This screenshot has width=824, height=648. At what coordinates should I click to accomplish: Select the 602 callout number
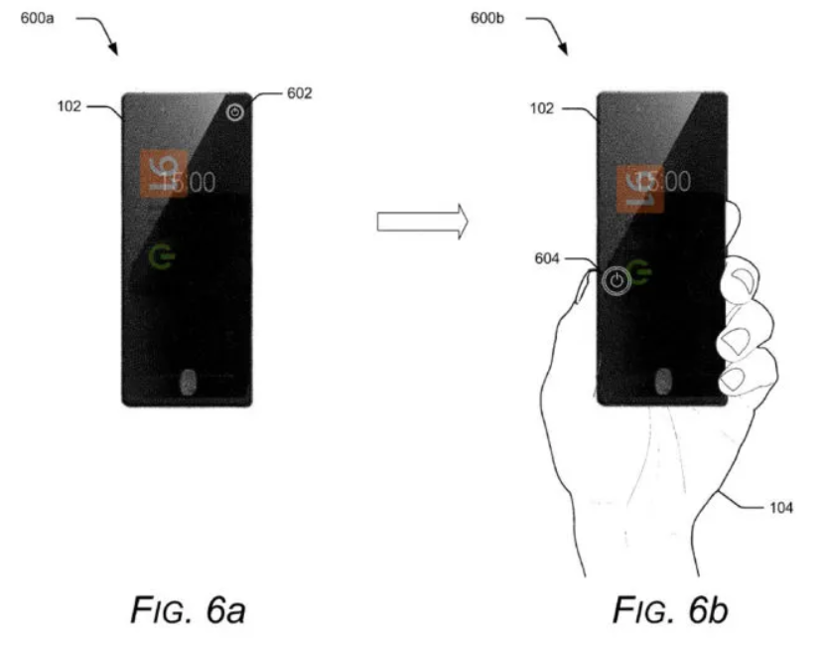coord(299,93)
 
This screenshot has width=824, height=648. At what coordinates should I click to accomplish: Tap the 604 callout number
coord(547,258)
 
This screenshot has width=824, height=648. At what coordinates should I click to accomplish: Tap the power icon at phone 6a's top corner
coord(234,113)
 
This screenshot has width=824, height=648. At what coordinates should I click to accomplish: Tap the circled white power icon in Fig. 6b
coord(617,280)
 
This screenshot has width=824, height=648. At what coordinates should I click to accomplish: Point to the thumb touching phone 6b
coord(586,288)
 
